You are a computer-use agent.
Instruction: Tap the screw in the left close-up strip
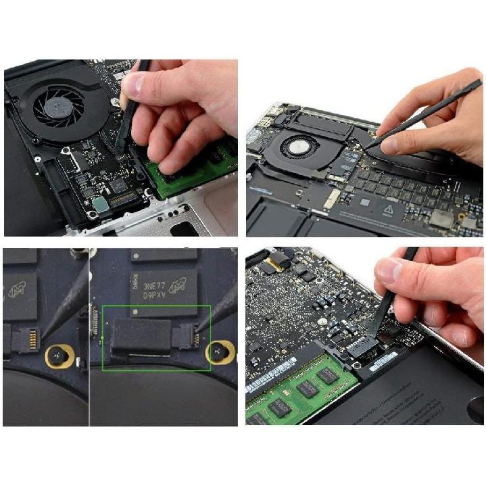[x=57, y=356]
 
